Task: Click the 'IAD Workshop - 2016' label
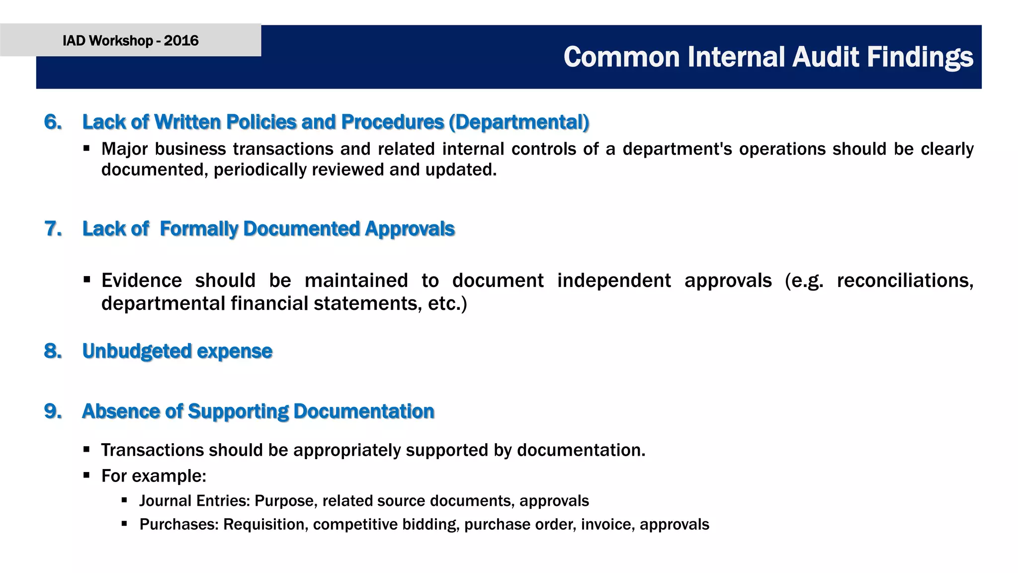[130, 40]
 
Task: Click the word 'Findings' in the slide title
[920, 57]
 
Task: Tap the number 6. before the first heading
[53, 122]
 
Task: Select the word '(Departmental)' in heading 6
[519, 122]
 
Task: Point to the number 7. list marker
[53, 229]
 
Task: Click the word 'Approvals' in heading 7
[410, 229]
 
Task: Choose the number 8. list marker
[53, 351]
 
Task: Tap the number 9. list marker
[53, 411]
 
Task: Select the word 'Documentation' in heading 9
[364, 411]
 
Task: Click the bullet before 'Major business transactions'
[86, 148]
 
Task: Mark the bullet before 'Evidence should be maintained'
[86, 280]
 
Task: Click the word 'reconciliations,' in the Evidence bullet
[905, 281]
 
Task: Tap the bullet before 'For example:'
[86, 475]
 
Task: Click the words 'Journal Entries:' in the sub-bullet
[194, 500]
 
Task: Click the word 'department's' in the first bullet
[677, 149]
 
